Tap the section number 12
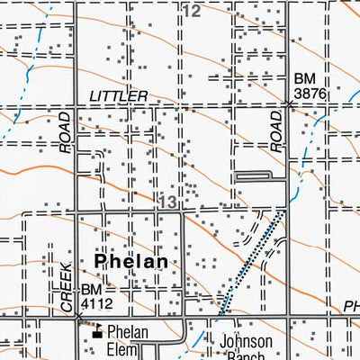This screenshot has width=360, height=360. (x=191, y=11)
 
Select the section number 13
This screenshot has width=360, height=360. (x=167, y=202)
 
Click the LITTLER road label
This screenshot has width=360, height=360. (x=118, y=95)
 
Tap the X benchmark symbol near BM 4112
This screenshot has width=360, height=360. (x=78, y=318)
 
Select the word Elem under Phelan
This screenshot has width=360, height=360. (x=127, y=349)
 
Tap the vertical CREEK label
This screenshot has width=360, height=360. (x=67, y=290)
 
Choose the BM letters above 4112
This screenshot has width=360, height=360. (x=92, y=290)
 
